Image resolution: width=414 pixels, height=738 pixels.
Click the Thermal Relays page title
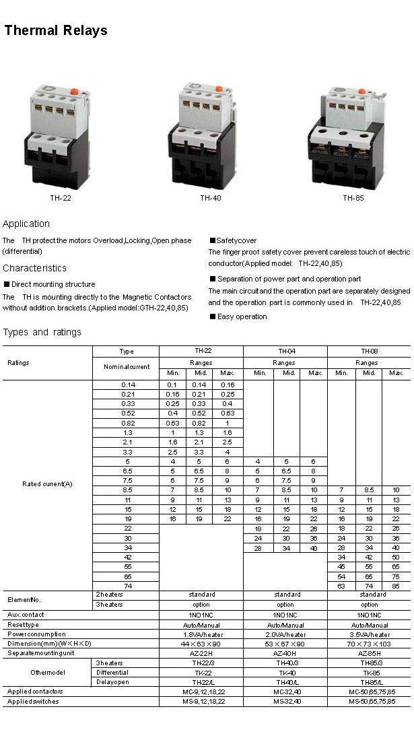56,31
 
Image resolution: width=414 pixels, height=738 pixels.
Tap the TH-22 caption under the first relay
61,198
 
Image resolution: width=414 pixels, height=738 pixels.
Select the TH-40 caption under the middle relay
210,198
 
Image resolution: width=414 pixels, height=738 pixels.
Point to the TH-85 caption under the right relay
353,198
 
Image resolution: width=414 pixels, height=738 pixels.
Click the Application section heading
26,224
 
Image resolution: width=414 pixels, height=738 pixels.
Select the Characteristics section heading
34,268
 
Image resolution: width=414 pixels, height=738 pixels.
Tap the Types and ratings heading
42,332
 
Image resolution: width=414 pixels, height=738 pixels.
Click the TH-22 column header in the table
201,351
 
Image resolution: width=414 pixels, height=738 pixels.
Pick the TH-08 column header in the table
369,351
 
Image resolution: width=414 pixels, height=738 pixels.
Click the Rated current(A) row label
47,485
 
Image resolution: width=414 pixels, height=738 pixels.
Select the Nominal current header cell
126,367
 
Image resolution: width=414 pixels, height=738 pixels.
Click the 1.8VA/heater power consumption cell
201,634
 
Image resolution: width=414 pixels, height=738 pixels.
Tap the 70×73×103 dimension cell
369,644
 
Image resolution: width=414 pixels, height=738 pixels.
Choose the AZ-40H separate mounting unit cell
285,653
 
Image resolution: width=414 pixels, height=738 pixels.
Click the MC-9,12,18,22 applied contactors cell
201,692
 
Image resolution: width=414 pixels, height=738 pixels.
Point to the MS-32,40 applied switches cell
285,701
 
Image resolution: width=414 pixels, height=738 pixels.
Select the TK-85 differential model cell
369,673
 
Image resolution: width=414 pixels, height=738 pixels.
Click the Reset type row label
24,625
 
